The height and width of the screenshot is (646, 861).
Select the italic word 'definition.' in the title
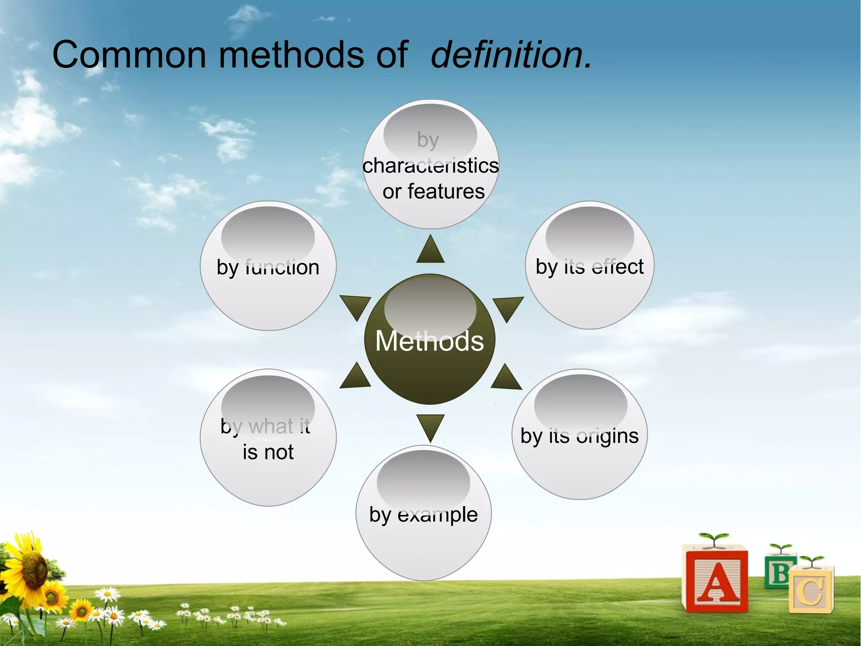click(x=511, y=55)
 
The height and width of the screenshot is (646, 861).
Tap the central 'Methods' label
click(x=429, y=341)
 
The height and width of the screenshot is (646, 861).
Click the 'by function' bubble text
click(x=268, y=267)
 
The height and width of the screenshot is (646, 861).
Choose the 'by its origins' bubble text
click(x=579, y=436)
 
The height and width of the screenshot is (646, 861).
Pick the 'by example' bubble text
click(x=423, y=514)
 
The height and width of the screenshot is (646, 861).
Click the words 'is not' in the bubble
click(x=268, y=452)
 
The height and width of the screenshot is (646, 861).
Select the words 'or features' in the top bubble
click(x=433, y=191)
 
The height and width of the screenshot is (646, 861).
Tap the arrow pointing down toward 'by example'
click(x=430, y=426)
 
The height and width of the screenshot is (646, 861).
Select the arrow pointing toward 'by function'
click(x=355, y=306)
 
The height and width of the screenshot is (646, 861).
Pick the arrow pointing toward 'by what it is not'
click(x=355, y=377)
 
